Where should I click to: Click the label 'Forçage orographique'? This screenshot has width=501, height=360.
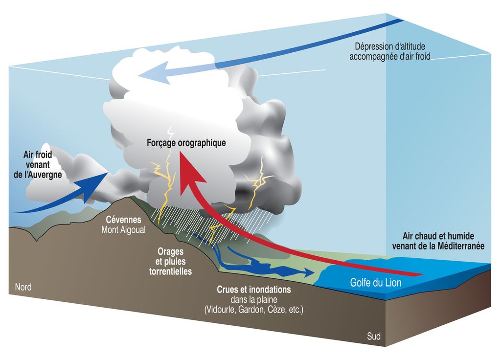point(186,144)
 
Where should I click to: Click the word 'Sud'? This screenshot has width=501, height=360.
point(374,337)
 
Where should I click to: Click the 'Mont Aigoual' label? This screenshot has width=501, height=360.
point(123,229)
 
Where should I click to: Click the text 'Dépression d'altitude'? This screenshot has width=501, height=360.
point(390,47)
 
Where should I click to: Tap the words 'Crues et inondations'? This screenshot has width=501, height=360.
point(253,290)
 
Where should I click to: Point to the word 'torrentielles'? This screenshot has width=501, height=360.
point(170,271)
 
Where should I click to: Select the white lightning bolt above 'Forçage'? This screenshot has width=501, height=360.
point(171,133)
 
